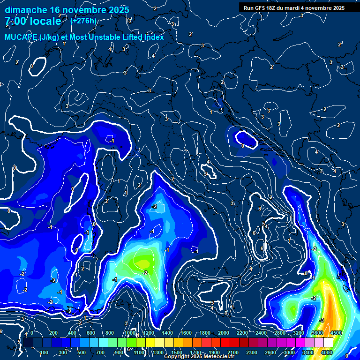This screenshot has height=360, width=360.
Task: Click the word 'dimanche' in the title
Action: [x=26, y=10]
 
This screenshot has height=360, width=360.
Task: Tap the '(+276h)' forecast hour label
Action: [x=83, y=21]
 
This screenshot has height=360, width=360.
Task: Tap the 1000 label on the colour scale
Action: [x=129, y=333]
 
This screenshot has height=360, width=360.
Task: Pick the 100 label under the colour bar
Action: [x=44, y=352]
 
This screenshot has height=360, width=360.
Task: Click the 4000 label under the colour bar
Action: [x=327, y=352]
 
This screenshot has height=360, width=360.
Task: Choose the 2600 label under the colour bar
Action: [x=270, y=352]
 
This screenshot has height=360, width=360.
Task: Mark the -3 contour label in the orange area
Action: [x=322, y=320]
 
